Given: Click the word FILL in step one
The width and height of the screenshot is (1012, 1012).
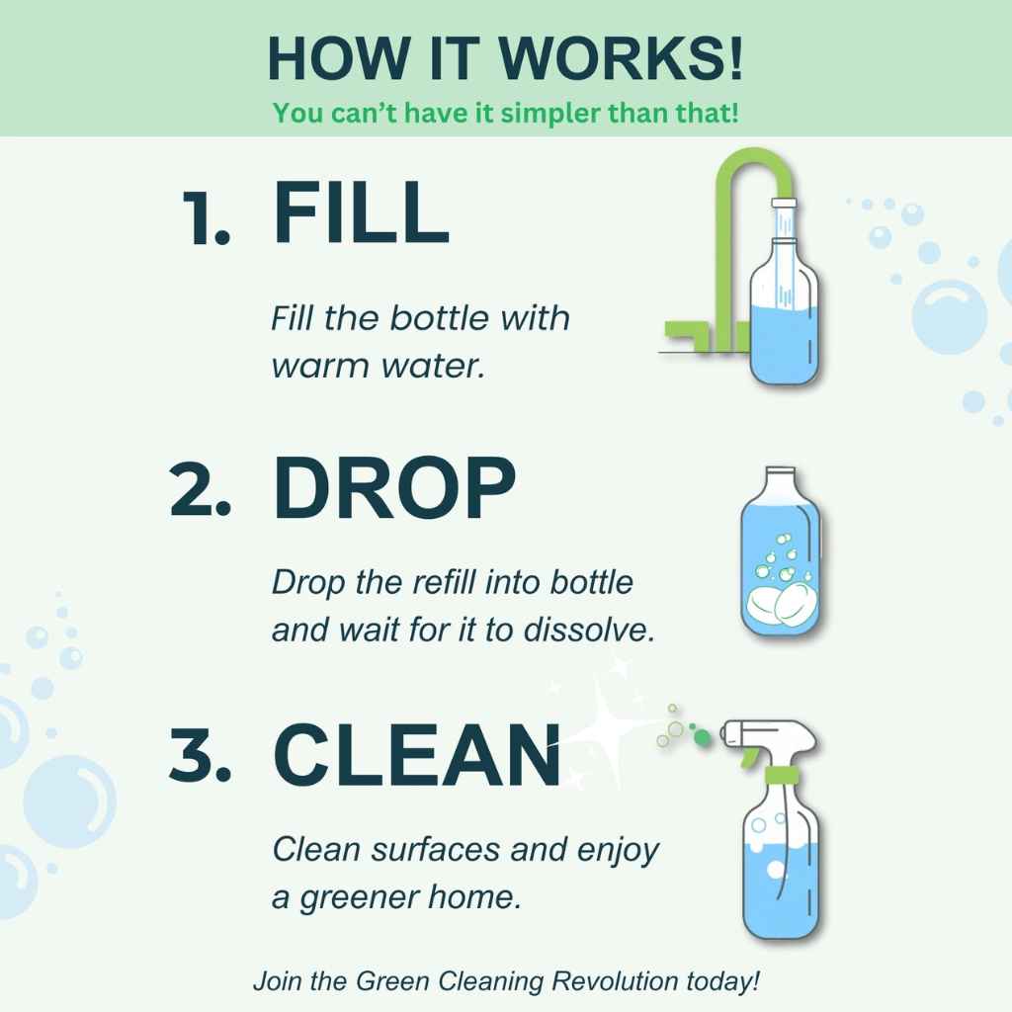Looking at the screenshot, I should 361,213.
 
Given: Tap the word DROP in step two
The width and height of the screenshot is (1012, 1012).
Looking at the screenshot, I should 393,491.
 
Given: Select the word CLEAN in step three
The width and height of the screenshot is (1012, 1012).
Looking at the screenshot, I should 416,756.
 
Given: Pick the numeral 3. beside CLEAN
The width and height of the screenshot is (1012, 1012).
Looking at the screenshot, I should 201,758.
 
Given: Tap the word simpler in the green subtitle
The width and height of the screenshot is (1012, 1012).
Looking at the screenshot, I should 549,112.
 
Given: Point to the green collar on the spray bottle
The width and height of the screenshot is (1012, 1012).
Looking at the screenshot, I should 784,775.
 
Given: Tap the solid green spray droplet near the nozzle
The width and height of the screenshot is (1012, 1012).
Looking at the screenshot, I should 701,736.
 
